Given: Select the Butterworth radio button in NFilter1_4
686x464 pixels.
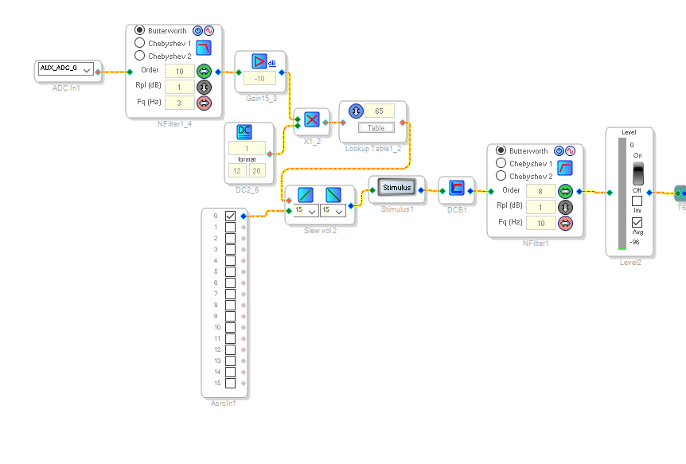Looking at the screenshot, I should pos(140,30).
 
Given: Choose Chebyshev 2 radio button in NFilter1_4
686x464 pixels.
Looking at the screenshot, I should pos(140,56).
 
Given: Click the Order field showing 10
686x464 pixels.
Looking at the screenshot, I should pos(179,72).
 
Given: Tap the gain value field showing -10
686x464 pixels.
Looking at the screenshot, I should pos(259,78).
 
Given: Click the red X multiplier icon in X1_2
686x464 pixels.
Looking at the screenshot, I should pos(312,119).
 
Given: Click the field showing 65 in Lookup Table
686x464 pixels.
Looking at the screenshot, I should pos(379,111).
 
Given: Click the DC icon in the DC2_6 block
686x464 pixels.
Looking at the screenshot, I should pos(245,132).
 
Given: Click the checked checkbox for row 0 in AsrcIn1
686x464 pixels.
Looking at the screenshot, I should pos(231,216).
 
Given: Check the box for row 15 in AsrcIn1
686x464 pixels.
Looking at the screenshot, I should pos(231,383).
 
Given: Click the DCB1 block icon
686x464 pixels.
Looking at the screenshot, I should pos(457,189).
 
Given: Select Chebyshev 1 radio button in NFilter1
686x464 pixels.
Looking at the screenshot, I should pos(501,163).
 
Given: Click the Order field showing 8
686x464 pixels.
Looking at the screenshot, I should pos(541,191).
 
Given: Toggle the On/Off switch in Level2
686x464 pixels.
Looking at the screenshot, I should pos(637,174).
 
